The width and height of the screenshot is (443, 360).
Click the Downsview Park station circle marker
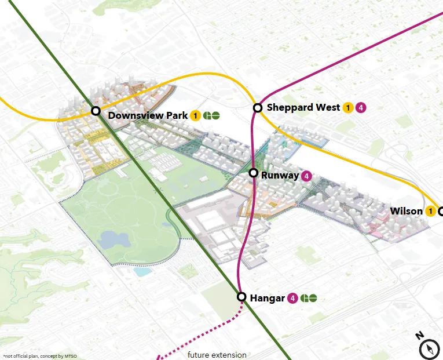pyautogui.click(x=96, y=111)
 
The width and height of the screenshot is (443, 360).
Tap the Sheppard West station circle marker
pyautogui.click(x=258, y=107)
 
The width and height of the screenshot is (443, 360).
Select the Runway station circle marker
pyautogui.click(x=253, y=173)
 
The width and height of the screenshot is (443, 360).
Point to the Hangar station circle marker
pyautogui.click(x=242, y=296)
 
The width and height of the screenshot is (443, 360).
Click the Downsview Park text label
pyautogui.click(x=148, y=115)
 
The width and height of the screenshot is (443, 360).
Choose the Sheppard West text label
pyautogui.click(x=303, y=107)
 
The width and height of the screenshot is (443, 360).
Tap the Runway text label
pyautogui.click(x=280, y=175)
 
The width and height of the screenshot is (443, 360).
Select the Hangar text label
pyautogui.click(x=267, y=298)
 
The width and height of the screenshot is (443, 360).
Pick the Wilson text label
pyautogui.click(x=406, y=211)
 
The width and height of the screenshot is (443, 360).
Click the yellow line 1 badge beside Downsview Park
pyautogui.click(x=196, y=115)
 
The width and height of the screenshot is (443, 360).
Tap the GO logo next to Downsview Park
pyautogui.click(x=211, y=115)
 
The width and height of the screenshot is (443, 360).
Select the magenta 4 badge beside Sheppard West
pyautogui.click(x=361, y=107)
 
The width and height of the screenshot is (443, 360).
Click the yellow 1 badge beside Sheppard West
pyautogui.click(x=348, y=107)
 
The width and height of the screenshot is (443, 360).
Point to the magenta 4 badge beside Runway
pyautogui.click(x=306, y=176)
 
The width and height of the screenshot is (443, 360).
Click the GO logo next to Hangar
pyautogui.click(x=309, y=299)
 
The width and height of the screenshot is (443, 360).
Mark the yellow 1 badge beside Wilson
pyautogui.click(x=430, y=211)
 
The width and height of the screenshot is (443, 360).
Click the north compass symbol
pyautogui.click(x=429, y=348)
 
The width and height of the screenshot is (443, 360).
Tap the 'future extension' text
pyautogui.click(x=217, y=355)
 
